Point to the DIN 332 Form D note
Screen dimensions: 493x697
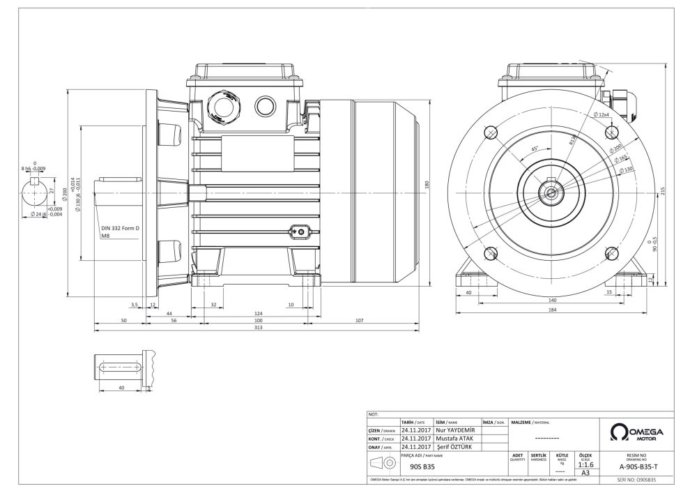click(121, 228)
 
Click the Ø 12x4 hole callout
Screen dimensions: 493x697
click(602, 115)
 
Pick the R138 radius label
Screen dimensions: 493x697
click(573, 140)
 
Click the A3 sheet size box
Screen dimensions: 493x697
click(585, 473)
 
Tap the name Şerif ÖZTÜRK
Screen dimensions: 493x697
click(457, 446)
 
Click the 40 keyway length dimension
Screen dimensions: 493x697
click(121, 386)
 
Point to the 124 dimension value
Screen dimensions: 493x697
click(259, 313)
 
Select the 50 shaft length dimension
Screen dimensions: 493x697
click(123, 320)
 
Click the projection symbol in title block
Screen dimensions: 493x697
click(383, 464)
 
